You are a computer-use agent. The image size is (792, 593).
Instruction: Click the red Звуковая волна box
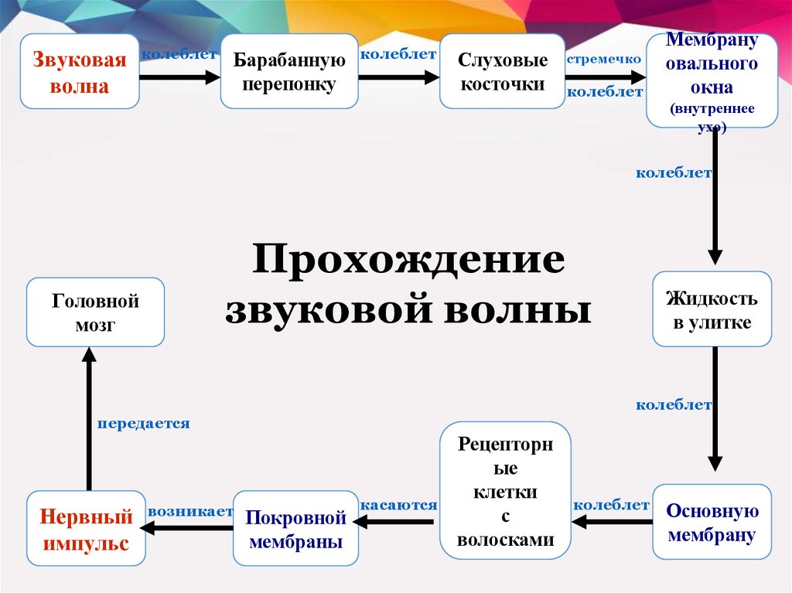[x=80, y=71]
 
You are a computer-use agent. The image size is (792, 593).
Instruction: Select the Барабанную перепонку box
[x=288, y=71]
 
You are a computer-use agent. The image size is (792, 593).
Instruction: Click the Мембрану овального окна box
[x=712, y=79]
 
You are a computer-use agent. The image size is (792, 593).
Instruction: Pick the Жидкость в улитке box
[x=712, y=309]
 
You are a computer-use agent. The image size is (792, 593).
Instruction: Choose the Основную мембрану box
[x=712, y=522]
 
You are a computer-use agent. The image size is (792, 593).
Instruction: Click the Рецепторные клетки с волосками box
[x=505, y=490]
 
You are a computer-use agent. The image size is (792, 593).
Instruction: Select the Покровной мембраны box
[x=295, y=529]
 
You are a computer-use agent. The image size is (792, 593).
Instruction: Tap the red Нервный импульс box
[x=86, y=529]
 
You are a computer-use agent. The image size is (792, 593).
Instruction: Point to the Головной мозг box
[x=95, y=312]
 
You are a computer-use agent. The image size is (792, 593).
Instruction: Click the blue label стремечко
[x=604, y=59]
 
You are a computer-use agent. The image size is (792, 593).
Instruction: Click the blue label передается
[x=143, y=424]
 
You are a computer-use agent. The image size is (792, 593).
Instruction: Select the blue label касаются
[x=398, y=505]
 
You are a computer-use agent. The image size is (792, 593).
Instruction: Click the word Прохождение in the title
[x=407, y=260]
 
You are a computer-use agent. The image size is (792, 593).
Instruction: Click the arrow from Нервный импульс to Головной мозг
[x=89, y=417]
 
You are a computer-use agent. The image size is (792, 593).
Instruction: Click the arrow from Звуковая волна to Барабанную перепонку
[x=179, y=77]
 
